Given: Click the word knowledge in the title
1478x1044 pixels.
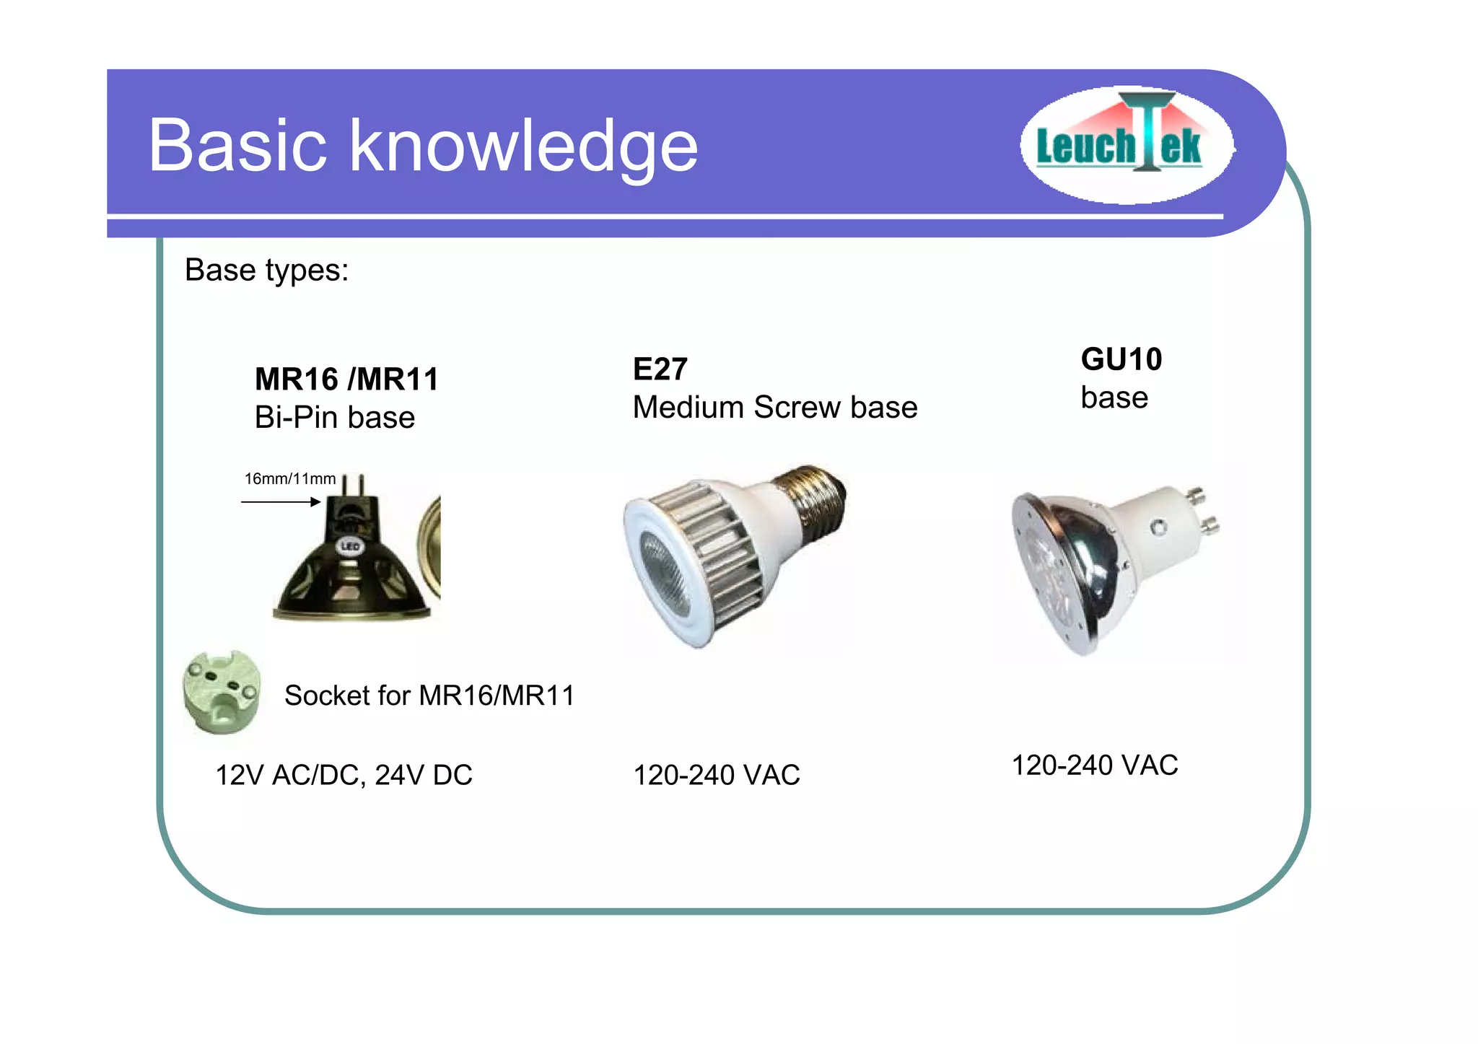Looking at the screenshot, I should click(x=524, y=147).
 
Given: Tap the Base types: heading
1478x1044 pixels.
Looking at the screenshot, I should click(x=266, y=271).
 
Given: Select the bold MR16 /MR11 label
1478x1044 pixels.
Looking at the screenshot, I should click(x=346, y=380).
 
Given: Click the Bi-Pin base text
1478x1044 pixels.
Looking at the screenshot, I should click(x=334, y=418).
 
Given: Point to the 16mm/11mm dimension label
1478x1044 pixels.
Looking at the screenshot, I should click(x=289, y=479).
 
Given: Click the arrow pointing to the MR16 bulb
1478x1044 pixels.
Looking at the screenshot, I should click(x=281, y=501).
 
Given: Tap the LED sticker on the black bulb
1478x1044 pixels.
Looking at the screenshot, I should click(x=350, y=546).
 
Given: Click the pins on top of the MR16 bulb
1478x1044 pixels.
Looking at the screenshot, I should click(x=353, y=484).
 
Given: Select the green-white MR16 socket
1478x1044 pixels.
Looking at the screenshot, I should click(x=221, y=693).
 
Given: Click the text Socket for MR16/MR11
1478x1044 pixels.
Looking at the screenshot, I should click(x=429, y=696).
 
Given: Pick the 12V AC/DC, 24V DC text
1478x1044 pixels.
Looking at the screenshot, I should click(x=344, y=775).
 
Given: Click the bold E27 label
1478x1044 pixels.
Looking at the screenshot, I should click(x=660, y=369).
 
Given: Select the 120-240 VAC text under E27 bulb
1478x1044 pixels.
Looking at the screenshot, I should click(x=716, y=775).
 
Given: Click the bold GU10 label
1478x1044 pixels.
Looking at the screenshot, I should click(x=1121, y=359).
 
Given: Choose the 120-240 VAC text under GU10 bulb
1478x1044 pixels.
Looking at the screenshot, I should click(x=1094, y=765).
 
